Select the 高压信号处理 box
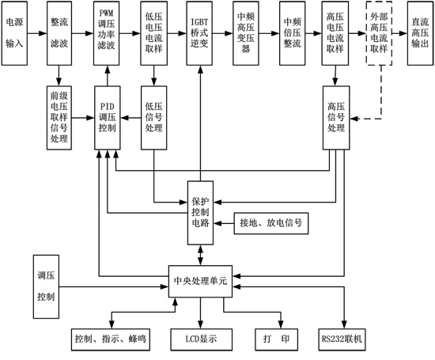pyautogui.click(x=335, y=116)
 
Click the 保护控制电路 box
pyautogui.click(x=199, y=212)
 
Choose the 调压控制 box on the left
pyautogui.click(x=46, y=286)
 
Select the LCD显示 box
pyautogui.click(x=200, y=338)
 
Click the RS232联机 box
pyautogui.click(x=342, y=338)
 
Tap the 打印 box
pyautogui.click(x=274, y=338)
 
